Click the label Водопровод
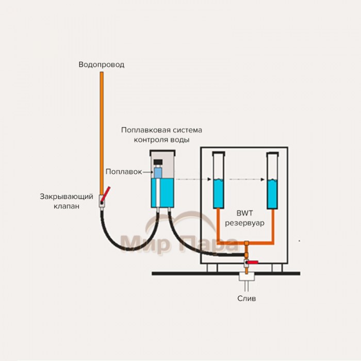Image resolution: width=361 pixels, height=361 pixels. [102, 65]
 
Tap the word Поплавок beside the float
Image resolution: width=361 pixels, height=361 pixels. [123, 171]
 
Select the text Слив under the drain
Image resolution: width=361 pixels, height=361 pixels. [247, 298]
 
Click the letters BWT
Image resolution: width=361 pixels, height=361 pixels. [244, 212]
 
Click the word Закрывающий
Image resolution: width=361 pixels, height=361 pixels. [66, 196]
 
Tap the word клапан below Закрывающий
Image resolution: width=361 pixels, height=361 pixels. [67, 206]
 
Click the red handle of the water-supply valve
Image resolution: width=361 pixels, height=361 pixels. [107, 195]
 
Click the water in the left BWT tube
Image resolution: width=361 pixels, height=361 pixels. [218, 193]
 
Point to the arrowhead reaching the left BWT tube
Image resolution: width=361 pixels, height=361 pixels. [209, 179]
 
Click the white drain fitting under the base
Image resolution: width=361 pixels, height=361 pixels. [247, 283]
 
